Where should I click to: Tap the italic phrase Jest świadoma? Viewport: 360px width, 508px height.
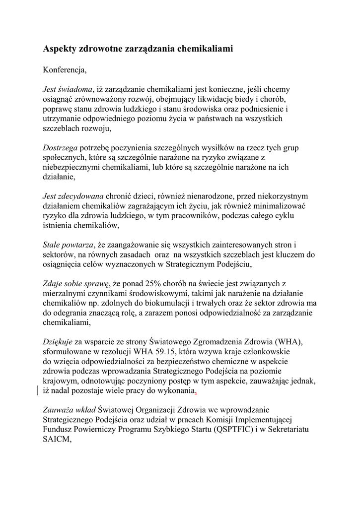[68, 89]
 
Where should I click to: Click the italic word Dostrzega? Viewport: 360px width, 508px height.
[60, 148]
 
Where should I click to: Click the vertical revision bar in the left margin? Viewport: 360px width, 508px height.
[38, 390]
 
